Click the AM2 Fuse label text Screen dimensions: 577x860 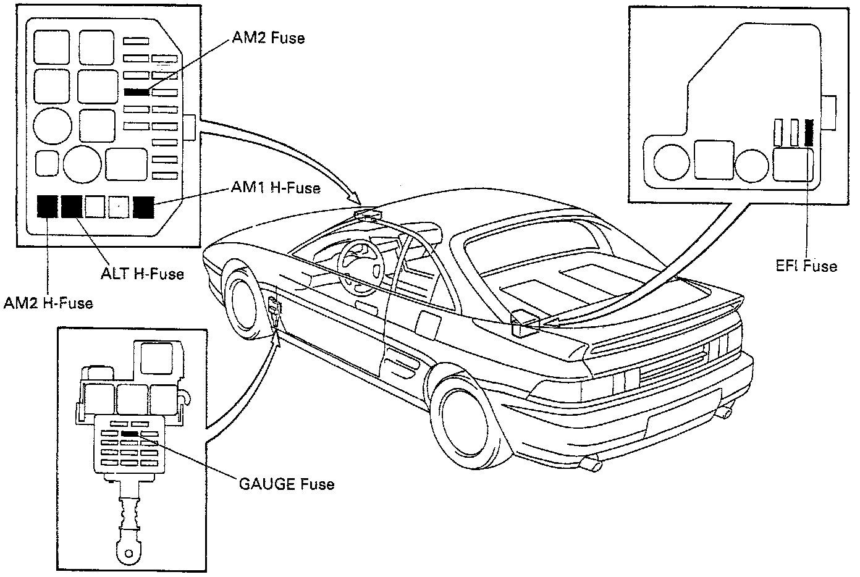coord(268,38)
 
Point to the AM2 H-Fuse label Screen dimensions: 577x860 coord(48,302)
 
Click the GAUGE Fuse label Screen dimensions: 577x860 coord(287,483)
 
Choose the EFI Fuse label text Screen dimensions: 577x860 coord(806,266)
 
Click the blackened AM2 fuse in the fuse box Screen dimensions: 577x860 coord(137,92)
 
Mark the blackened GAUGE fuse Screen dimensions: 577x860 coord(130,434)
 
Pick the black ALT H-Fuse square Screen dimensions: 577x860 coord(72,206)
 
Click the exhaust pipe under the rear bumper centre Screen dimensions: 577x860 coord(593,464)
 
